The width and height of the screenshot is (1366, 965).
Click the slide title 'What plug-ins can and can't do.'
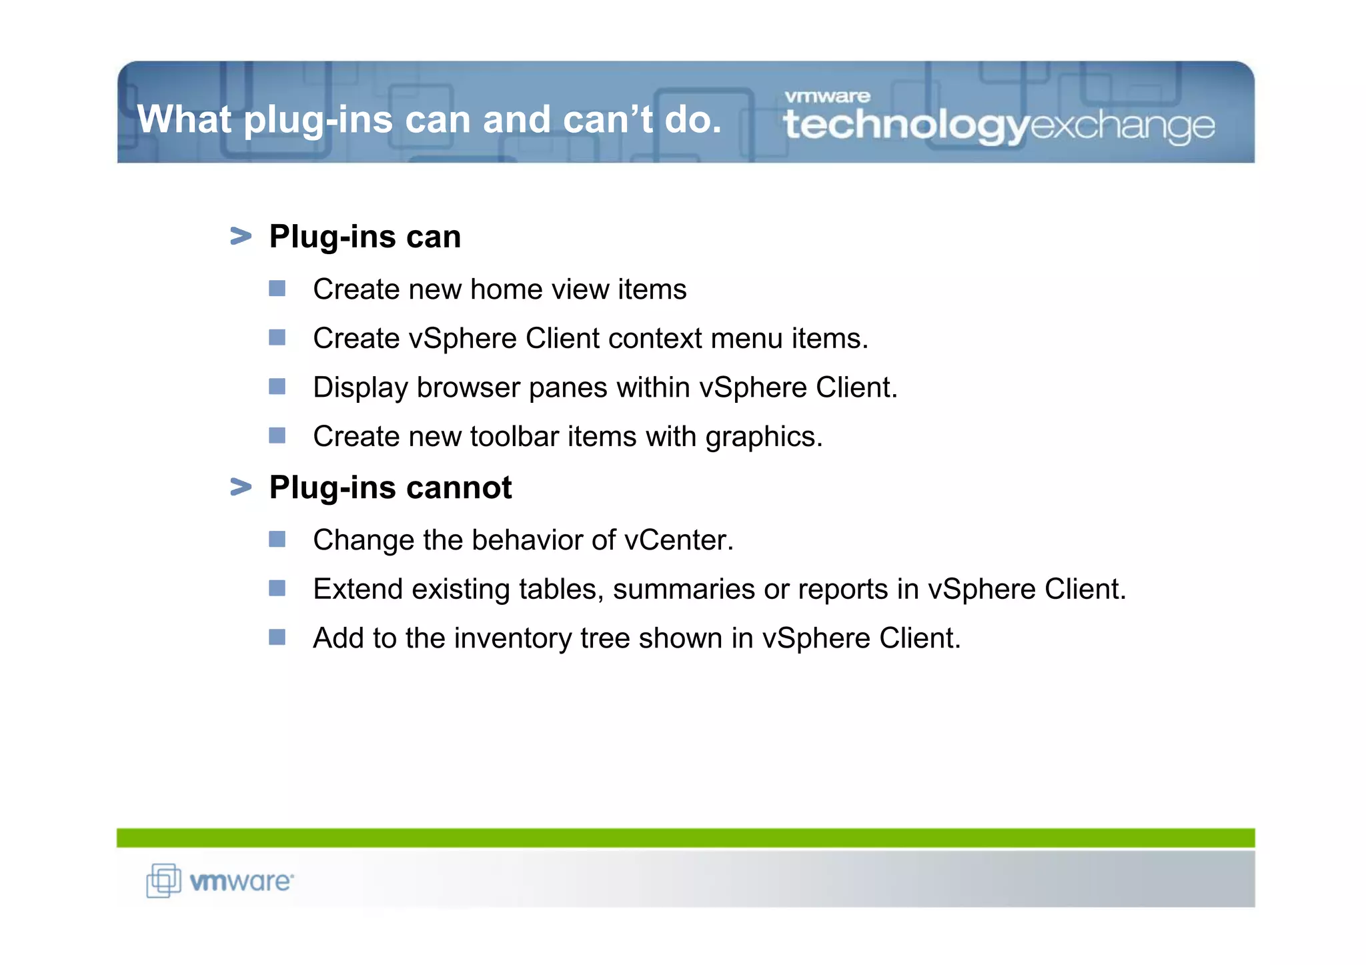pyautogui.click(x=429, y=119)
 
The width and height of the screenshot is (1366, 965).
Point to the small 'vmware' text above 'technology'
pyautogui.click(x=827, y=97)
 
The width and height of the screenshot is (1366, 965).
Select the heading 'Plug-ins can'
pyautogui.click(x=365, y=237)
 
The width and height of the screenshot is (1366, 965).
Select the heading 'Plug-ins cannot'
pyautogui.click(x=390, y=488)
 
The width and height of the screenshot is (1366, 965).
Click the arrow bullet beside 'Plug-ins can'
pyautogui.click(x=241, y=236)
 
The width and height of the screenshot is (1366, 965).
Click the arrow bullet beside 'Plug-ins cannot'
pyautogui.click(x=241, y=487)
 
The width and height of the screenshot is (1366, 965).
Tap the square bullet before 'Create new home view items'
pyautogui.click(x=277, y=289)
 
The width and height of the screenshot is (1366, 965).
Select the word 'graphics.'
pyautogui.click(x=764, y=437)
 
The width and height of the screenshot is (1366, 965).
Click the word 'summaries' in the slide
pyautogui.click(x=684, y=590)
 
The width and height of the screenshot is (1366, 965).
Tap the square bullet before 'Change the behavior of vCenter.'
pyautogui.click(x=277, y=539)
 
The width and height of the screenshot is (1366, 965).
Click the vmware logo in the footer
pyautogui.click(x=220, y=881)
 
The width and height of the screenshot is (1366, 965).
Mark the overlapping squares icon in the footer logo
pyautogui.click(x=163, y=880)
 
